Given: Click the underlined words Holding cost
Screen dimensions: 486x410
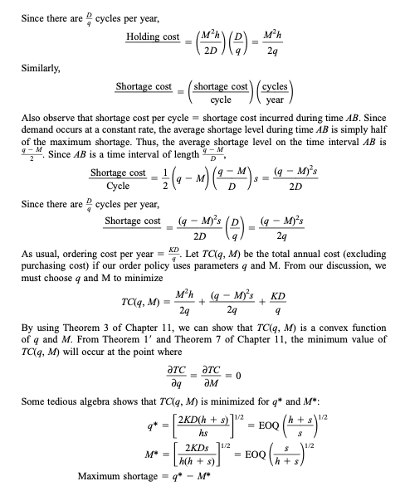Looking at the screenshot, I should [x=154, y=37].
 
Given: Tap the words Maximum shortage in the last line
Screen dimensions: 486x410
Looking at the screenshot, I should [x=112, y=475].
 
